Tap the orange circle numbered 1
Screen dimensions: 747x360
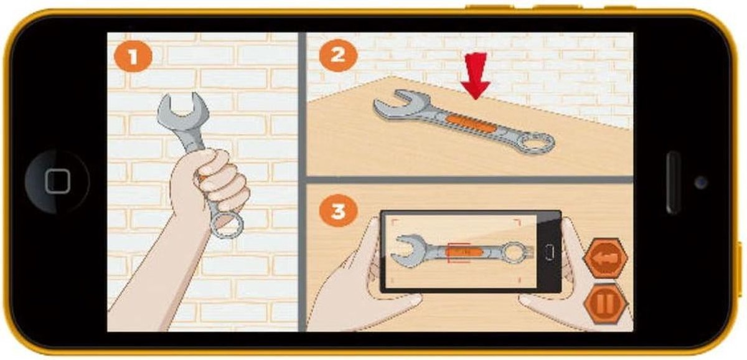[133, 57]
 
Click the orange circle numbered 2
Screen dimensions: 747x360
[338, 55]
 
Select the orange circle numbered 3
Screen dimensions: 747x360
[338, 211]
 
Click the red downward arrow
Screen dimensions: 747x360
[476, 76]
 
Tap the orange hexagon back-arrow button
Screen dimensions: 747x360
[605, 258]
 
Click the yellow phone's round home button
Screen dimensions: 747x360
[57, 181]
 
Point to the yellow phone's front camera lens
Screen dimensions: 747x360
[701, 182]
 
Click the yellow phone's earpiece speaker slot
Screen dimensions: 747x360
[672, 182]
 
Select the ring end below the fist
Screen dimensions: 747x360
[226, 225]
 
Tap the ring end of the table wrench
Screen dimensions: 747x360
[536, 144]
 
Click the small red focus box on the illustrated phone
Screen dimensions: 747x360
[459, 253]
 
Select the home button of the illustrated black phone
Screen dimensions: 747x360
[549, 252]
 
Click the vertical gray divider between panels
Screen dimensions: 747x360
[302, 182]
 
